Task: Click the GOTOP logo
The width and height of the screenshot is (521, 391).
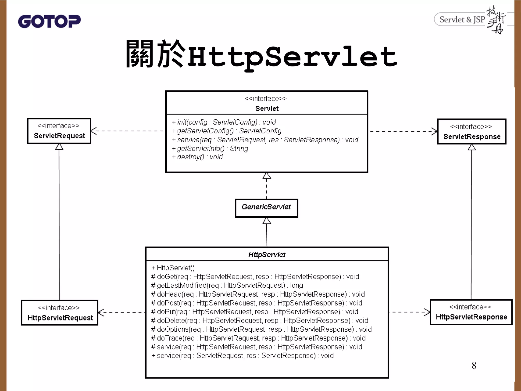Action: (49, 21)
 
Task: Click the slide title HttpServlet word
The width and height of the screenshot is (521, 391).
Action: (293, 57)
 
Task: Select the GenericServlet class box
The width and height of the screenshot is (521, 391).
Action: (266, 208)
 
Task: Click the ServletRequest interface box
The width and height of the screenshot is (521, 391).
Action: (59, 131)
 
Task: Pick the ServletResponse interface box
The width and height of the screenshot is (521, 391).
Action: (472, 132)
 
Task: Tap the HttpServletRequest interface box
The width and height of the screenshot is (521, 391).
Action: (60, 313)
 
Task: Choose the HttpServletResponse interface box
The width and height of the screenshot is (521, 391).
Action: (471, 312)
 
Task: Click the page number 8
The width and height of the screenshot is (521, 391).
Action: (474, 366)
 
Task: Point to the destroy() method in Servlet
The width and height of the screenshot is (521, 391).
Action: (197, 157)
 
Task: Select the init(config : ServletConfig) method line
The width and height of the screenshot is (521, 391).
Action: (224, 122)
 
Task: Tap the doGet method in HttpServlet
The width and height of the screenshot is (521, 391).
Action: (255, 277)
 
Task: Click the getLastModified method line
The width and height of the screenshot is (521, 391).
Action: (227, 286)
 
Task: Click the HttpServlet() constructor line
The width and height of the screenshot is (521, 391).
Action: (173, 268)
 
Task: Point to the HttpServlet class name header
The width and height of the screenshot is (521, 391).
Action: (267, 255)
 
